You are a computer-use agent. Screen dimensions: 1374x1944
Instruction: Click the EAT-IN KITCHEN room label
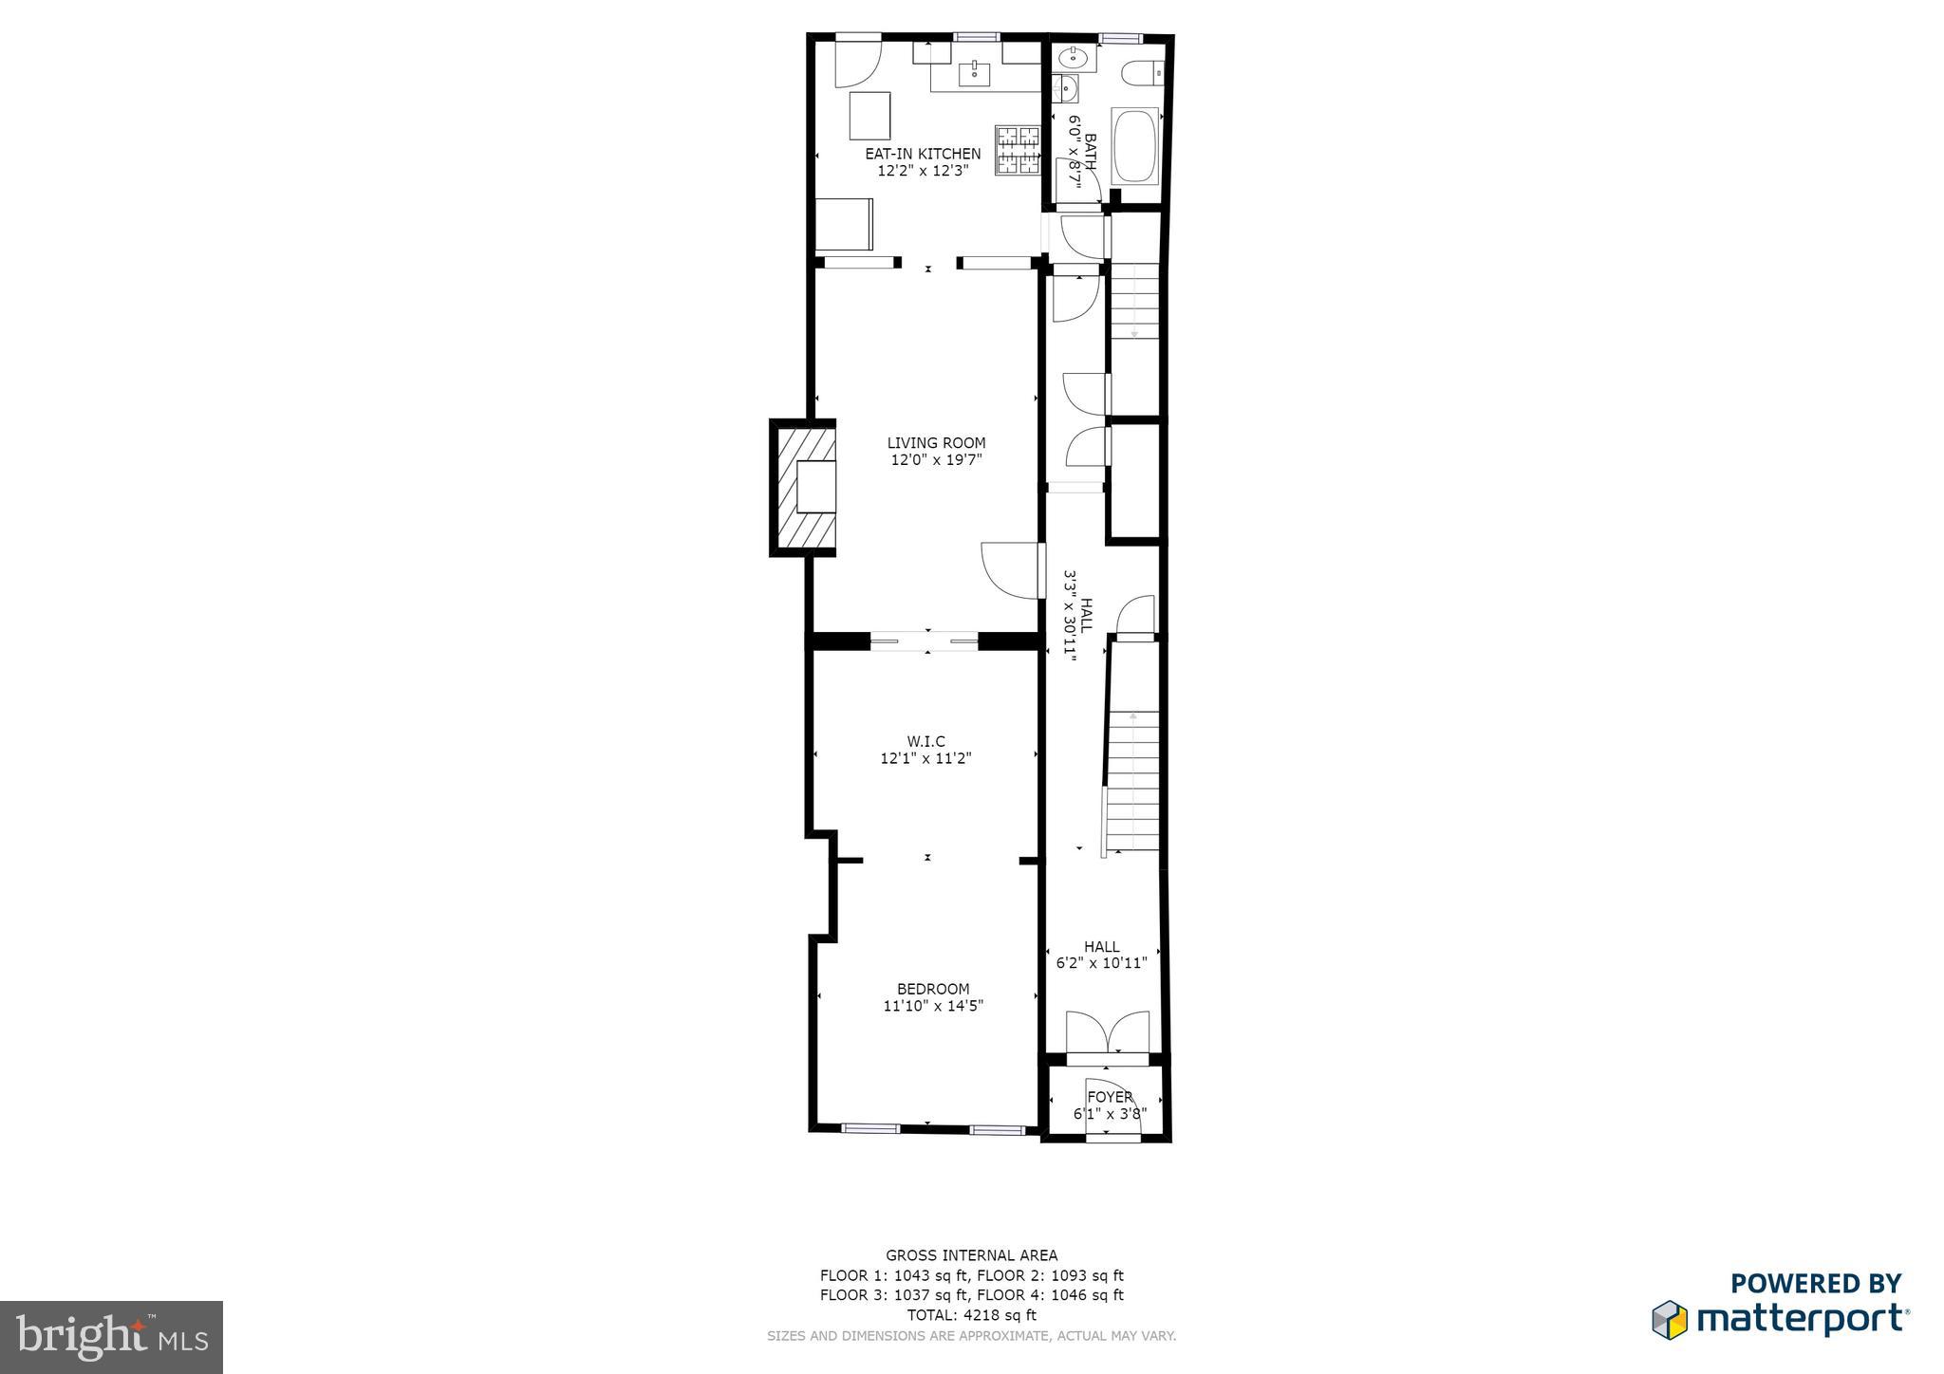922,154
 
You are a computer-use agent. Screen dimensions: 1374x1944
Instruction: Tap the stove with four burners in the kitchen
1018,150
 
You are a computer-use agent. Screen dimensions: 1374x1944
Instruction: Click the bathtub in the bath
1135,146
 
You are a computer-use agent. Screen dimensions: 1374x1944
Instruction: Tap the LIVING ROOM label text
936,443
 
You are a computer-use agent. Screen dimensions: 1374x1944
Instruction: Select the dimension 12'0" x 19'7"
936,460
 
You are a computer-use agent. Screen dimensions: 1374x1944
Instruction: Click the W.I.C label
925,741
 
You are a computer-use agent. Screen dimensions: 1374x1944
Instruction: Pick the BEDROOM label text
932,989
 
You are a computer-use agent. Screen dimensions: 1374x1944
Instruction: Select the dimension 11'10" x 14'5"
932,1006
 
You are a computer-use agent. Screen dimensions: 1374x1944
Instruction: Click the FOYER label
1110,1097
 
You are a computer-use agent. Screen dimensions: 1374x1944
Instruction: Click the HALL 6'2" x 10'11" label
1101,955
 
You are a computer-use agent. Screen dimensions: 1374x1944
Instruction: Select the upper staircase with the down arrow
1135,302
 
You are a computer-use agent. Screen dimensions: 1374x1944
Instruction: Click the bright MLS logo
112,1337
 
